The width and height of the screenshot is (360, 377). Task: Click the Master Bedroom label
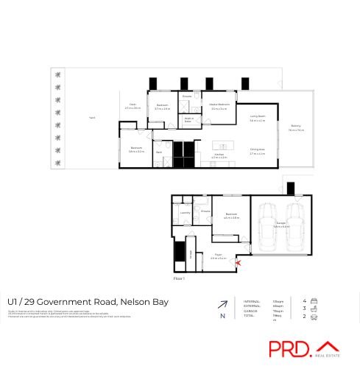tap(220, 106)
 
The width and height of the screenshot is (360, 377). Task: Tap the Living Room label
tap(258, 118)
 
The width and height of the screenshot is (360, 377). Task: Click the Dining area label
tap(257, 151)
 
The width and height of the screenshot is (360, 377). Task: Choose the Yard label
tap(92, 118)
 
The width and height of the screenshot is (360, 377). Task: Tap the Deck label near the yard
tap(133, 107)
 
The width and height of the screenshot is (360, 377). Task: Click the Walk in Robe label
tap(188, 119)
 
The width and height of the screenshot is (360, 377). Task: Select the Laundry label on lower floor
tap(185, 212)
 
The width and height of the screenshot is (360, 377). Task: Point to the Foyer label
tap(219, 257)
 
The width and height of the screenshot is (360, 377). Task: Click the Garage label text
tap(281, 225)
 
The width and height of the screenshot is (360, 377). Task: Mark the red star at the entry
tap(238, 263)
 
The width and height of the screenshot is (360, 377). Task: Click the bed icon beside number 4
tap(315, 300)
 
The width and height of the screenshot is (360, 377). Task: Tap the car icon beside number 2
tap(315, 317)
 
